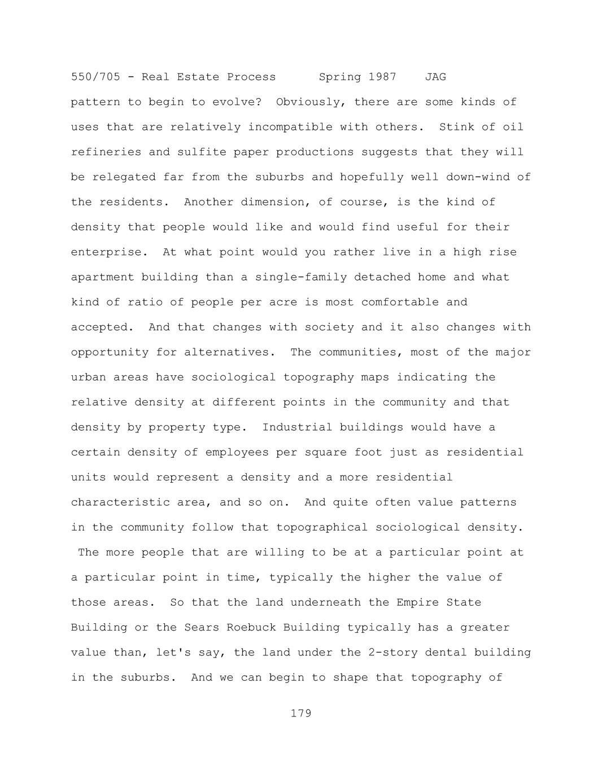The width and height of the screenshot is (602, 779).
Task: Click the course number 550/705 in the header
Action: pyautogui.click(x=95, y=77)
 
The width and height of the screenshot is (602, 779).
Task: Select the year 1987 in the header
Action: pyautogui.click(x=382, y=77)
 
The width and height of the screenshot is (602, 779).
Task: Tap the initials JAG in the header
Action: pyautogui.click(x=435, y=77)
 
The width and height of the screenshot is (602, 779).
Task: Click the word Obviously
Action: pyautogui.click(x=311, y=102)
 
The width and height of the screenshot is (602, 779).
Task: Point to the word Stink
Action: pyautogui.click(x=457, y=127)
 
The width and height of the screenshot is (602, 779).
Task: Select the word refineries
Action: pyautogui.click(x=106, y=152)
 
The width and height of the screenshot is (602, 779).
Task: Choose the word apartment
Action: pyautogui.click(x=102, y=277)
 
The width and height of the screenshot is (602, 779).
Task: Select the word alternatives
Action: pyautogui.click(x=230, y=352)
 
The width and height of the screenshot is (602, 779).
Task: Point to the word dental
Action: pyautogui.click(x=446, y=653)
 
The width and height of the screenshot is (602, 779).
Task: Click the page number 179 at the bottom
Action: pyautogui.click(x=301, y=714)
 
